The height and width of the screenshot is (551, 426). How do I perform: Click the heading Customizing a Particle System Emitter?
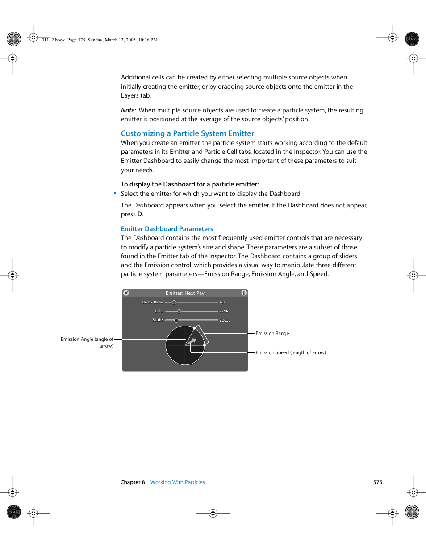click(x=187, y=133)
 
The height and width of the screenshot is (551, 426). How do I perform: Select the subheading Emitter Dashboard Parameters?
click(x=167, y=229)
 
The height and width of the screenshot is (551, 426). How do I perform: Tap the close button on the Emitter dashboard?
click(x=126, y=293)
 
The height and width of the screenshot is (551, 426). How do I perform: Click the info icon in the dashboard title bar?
click(x=244, y=293)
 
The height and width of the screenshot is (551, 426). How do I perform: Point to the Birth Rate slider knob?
click(x=174, y=302)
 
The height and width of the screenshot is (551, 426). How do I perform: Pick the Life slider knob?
click(x=179, y=311)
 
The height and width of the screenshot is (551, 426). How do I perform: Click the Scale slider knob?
click(x=176, y=320)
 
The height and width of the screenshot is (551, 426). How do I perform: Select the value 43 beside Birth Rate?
click(x=222, y=302)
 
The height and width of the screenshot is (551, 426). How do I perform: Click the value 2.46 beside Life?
click(x=224, y=311)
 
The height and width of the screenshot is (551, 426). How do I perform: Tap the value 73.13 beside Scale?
click(x=225, y=320)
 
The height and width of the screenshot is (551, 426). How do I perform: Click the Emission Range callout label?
click(x=272, y=334)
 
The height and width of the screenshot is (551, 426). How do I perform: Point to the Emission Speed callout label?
click(x=290, y=353)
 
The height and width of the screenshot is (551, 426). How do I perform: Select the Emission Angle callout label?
click(x=87, y=342)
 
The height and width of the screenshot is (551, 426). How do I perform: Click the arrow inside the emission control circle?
click(x=192, y=342)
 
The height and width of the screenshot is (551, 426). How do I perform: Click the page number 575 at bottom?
click(x=378, y=482)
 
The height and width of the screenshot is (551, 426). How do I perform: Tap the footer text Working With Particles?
click(x=177, y=482)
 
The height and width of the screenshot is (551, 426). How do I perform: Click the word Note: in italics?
click(x=129, y=110)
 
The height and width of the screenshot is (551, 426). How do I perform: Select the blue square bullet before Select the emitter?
click(x=115, y=193)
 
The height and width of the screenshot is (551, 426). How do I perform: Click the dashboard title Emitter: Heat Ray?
click(x=185, y=294)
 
